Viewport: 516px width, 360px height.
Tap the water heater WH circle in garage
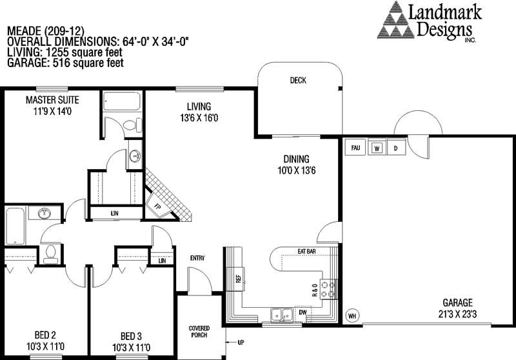pos(352,316)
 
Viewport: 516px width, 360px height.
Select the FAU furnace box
pos(355,148)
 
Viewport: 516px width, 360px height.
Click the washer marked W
pos(377,148)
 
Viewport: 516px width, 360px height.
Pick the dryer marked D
pos(396,148)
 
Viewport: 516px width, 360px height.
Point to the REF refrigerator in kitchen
pos(238,279)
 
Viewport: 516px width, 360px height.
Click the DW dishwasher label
pos(303,312)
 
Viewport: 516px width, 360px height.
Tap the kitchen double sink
pos(282,315)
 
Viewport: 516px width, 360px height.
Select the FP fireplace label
pos(157,207)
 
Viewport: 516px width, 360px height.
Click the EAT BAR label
pos(306,252)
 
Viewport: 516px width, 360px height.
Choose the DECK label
pos(298,80)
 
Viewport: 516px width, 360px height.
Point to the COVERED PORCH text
pos(199,332)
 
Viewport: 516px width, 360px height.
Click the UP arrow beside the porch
pos(232,343)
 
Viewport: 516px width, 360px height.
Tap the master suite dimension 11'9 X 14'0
pos(52,111)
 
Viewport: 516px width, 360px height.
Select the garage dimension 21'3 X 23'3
pos(457,314)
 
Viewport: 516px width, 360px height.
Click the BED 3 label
pos(131,336)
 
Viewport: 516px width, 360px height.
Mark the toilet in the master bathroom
pos(132,125)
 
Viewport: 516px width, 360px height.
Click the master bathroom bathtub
pos(122,101)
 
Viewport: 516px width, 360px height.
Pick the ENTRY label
pos(197,258)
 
